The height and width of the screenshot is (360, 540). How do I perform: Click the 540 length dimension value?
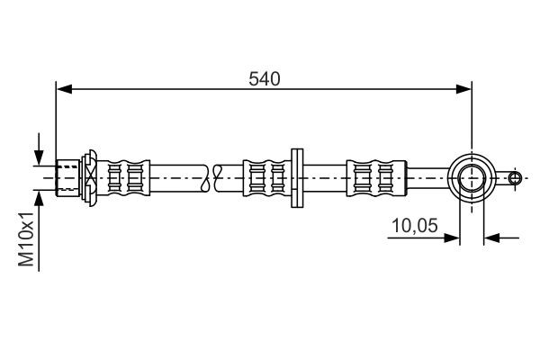(x=264, y=77)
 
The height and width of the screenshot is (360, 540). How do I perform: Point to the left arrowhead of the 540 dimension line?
(x=63, y=88)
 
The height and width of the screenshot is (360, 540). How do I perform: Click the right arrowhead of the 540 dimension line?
(x=464, y=88)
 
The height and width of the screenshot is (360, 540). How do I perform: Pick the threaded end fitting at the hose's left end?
(x=68, y=176)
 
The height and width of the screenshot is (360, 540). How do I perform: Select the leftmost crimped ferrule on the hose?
(x=125, y=176)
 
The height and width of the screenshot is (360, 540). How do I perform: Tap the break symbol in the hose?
(x=212, y=176)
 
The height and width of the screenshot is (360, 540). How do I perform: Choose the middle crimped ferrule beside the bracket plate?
(x=265, y=176)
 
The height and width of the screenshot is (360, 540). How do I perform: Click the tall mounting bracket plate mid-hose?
(x=295, y=176)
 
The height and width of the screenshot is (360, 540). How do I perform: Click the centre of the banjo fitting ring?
(x=471, y=176)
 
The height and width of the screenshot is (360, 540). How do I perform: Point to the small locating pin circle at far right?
(x=514, y=177)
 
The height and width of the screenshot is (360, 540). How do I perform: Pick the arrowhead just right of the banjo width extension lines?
(x=491, y=238)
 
